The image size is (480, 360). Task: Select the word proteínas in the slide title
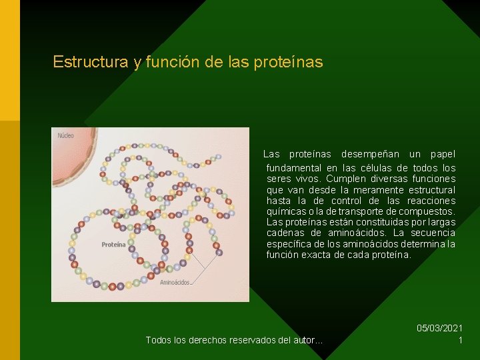(290, 63)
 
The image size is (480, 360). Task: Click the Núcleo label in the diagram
(66, 136)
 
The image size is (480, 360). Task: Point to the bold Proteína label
(113, 245)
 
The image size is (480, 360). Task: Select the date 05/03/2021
(439, 328)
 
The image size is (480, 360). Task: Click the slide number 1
(460, 340)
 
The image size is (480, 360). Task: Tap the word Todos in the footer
(159, 341)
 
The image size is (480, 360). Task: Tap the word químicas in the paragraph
(285, 211)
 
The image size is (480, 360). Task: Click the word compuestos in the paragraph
(424, 211)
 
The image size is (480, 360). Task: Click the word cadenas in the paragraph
(285, 233)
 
